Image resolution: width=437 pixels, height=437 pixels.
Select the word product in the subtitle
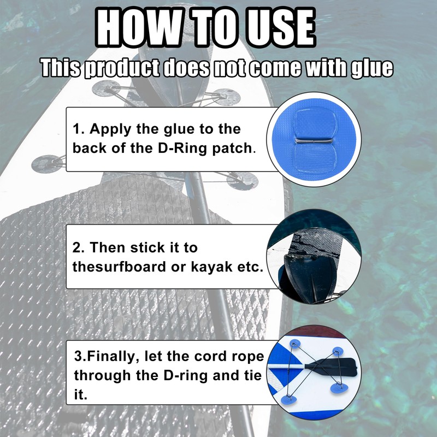pyautogui.click(x=121, y=69)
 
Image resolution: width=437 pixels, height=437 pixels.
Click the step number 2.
pyautogui.click(x=78, y=247)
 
